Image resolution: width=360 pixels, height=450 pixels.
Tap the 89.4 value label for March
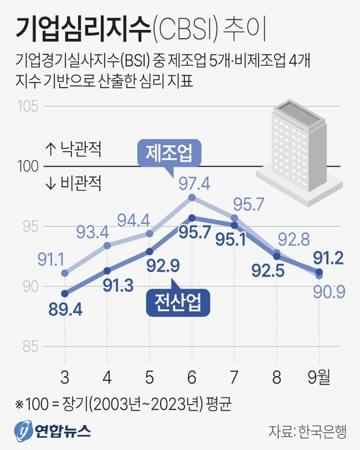[65, 310]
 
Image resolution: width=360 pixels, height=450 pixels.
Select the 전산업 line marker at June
[192, 218]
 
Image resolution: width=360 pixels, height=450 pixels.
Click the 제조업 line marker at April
[107, 245]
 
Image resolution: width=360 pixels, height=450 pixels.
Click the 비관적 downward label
[73, 181]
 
